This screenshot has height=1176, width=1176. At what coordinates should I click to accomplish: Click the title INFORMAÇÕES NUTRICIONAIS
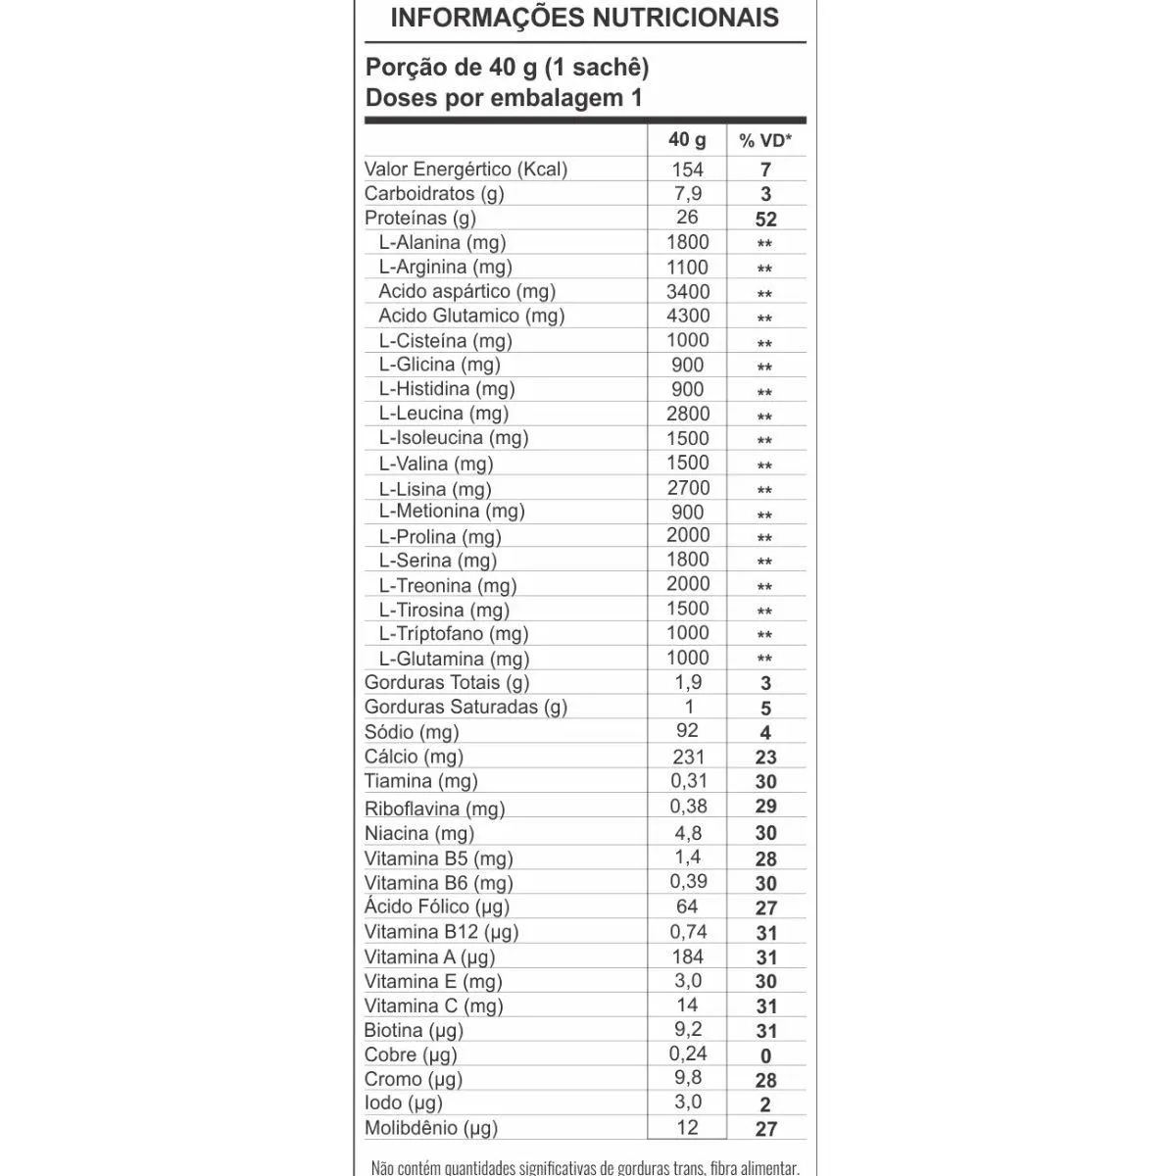[x=585, y=18]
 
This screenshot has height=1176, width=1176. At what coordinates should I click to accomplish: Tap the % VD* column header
[x=765, y=140]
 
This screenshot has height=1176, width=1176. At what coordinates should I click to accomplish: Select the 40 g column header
[x=687, y=139]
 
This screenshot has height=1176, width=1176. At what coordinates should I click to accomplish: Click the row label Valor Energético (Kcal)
[x=465, y=169]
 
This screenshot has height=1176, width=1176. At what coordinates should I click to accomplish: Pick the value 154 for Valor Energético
[x=687, y=169]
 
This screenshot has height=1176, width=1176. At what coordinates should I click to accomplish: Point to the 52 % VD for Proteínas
[x=765, y=220]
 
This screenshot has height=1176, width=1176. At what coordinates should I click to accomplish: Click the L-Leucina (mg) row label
[x=444, y=414]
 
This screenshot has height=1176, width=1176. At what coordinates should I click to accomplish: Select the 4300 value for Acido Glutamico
[x=687, y=316]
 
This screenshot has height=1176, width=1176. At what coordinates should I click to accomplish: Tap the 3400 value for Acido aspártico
[x=687, y=291]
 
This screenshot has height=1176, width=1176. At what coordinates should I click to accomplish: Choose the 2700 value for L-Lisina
[x=687, y=487]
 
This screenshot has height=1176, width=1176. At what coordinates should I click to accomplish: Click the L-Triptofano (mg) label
[x=454, y=634]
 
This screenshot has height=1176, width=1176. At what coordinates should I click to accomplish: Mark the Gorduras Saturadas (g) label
[x=465, y=707]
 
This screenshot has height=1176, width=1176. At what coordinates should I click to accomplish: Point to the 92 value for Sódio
[x=687, y=730]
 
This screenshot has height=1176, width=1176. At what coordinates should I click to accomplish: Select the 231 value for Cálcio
[x=687, y=756]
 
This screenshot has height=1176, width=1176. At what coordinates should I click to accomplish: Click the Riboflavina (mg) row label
[x=434, y=808]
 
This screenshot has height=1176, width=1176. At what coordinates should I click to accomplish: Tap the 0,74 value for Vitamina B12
[x=687, y=931]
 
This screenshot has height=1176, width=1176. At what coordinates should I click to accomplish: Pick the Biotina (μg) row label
[x=414, y=1030]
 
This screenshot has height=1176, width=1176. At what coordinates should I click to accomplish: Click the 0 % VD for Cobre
[x=765, y=1055]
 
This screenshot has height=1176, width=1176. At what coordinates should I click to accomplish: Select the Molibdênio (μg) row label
[x=431, y=1128]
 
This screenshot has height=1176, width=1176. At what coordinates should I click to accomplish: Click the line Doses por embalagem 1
[x=504, y=98]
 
